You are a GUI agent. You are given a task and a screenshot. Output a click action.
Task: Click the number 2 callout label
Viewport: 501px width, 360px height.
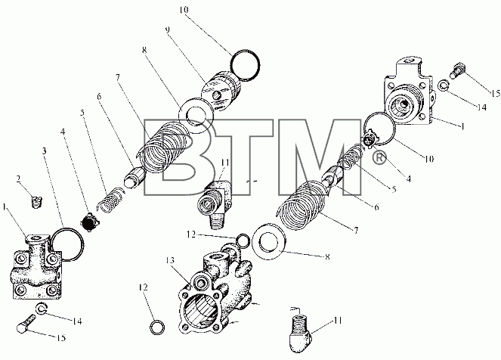[x=19, y=178]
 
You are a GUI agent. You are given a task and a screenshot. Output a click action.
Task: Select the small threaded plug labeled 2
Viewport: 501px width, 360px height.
[x=37, y=202]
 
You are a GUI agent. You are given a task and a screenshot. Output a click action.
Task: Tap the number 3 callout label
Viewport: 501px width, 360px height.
[x=45, y=151]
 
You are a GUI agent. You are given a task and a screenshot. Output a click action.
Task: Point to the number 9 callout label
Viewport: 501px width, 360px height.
[x=168, y=29]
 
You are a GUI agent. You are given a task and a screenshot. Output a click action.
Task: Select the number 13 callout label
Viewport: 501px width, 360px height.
[x=170, y=261]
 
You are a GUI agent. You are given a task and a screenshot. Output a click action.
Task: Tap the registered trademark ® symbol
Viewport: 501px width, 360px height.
[x=379, y=158]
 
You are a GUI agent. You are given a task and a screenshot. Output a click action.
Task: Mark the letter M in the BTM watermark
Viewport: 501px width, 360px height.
[x=319, y=157]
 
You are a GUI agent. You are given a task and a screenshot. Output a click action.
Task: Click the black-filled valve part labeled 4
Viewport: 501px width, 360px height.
[x=87, y=222]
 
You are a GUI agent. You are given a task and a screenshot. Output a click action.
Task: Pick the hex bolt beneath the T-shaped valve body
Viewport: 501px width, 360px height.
[x=26, y=324]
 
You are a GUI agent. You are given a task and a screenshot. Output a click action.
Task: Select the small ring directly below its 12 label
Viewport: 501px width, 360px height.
[x=157, y=327]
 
